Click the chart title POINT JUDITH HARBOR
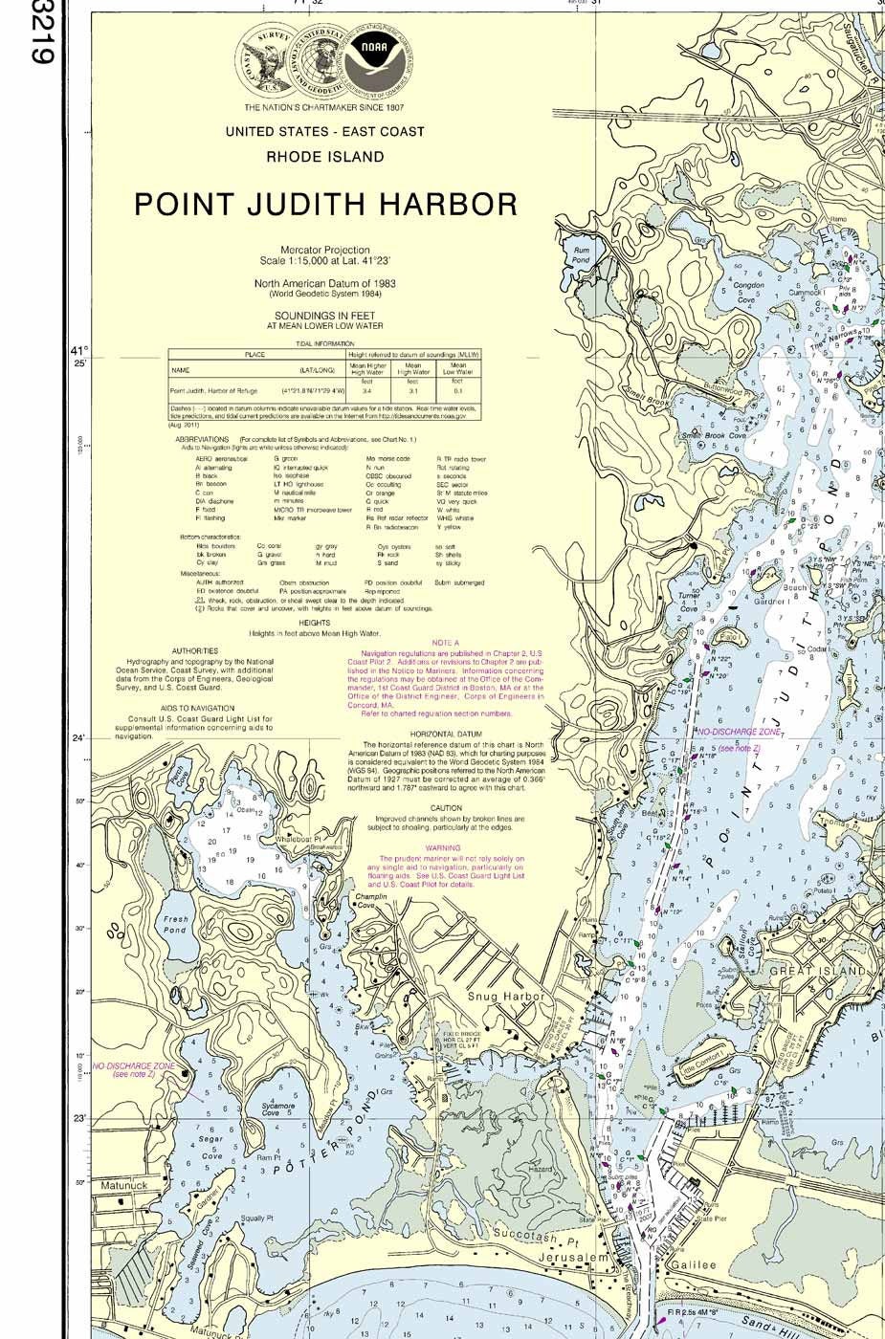click(x=325, y=205)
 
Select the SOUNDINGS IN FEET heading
click(x=324, y=315)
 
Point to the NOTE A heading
click(x=445, y=644)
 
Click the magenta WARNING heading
click(x=443, y=847)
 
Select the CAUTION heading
click(x=446, y=808)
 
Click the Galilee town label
click(x=693, y=1264)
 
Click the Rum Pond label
click(x=581, y=255)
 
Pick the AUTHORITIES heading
click(x=194, y=650)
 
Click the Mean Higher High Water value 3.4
click(x=367, y=391)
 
